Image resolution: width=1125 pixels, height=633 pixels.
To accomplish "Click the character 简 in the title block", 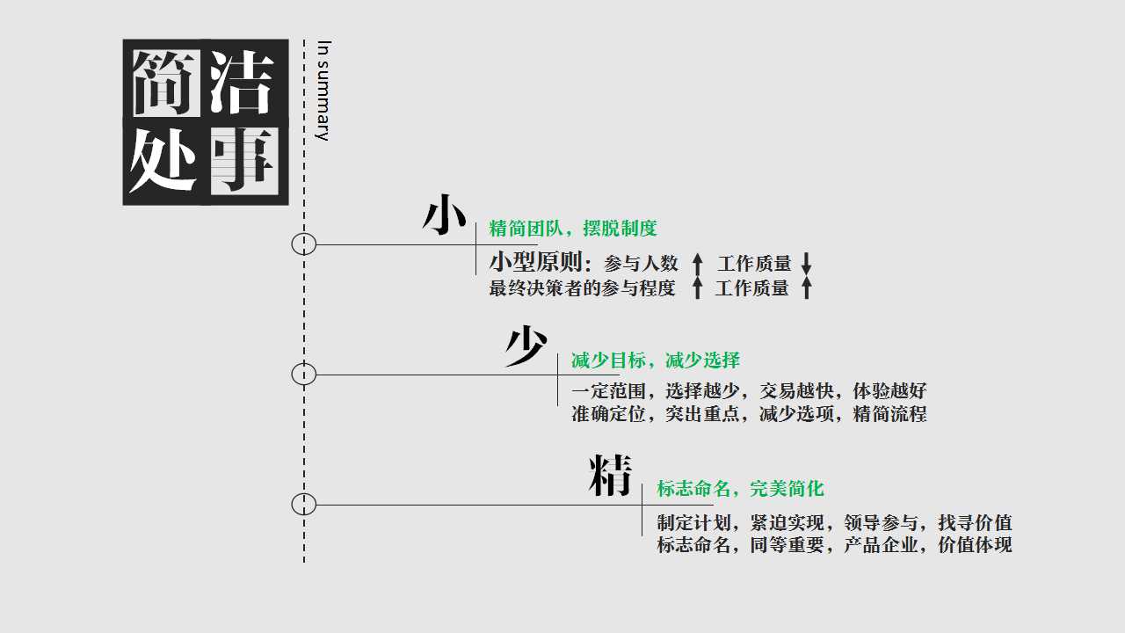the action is tap(167, 83).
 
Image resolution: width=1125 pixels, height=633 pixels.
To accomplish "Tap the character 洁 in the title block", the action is tap(243, 82).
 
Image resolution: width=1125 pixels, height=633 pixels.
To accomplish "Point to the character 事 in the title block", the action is tap(244, 161).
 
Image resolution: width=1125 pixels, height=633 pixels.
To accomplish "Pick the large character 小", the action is tap(445, 215).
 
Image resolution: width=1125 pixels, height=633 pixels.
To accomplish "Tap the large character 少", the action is tap(526, 346).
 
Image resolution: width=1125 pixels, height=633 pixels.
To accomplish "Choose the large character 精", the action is tap(610, 476).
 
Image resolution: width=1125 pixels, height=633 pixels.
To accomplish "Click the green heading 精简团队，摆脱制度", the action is tap(573, 229).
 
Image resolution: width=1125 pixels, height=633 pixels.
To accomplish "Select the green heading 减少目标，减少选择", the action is tap(656, 360).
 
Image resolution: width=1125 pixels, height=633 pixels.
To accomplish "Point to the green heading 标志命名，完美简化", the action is tap(741, 488).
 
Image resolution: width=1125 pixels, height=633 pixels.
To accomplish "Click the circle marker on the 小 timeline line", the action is tap(304, 244).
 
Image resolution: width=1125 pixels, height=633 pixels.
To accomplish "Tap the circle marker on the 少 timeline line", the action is tap(304, 375).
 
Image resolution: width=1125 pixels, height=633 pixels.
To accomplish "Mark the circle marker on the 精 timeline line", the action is tap(304, 505).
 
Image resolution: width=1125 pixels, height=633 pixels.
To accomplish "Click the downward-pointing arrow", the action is tap(806, 263).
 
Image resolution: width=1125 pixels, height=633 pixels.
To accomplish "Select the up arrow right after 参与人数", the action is tap(697, 263).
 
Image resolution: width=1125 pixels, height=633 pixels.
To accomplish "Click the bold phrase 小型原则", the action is tap(536, 262).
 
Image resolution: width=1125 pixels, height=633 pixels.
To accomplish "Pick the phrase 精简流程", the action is tap(890, 414).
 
